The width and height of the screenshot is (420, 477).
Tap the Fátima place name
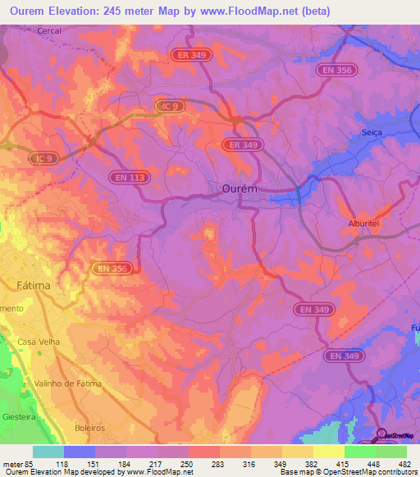coord(34,286)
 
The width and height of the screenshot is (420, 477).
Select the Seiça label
coord(372,133)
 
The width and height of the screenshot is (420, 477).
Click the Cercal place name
coord(49,30)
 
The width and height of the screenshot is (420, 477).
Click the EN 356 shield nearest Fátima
coord(112,268)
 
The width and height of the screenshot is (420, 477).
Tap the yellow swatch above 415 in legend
coord(328,452)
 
